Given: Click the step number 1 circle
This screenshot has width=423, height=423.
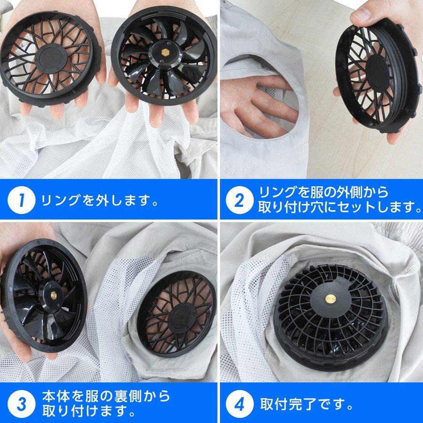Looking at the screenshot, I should pyautogui.click(x=21, y=201).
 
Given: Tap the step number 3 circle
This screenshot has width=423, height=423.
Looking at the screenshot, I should pyautogui.click(x=21, y=404).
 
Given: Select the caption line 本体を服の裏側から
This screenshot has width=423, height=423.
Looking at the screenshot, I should pyautogui.click(x=106, y=396).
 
